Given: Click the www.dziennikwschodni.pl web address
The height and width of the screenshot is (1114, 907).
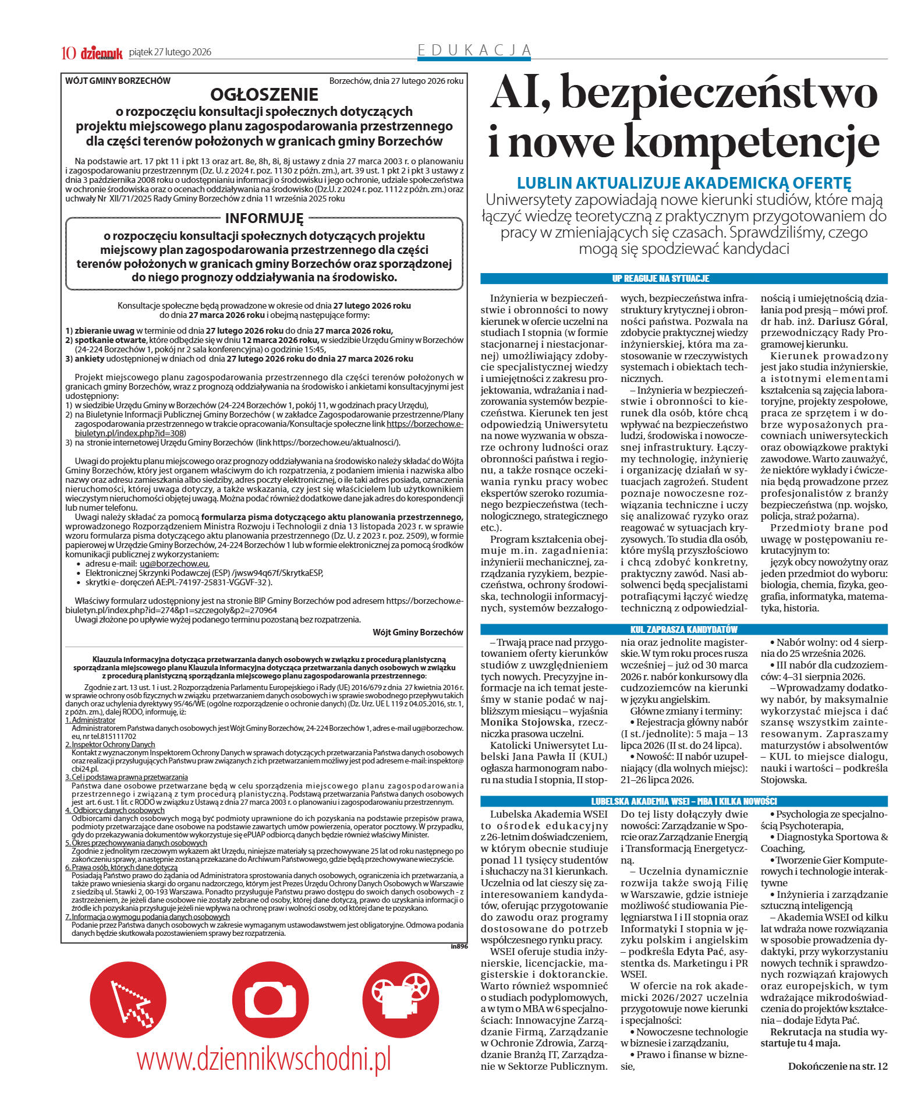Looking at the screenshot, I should click(x=264, y=1058).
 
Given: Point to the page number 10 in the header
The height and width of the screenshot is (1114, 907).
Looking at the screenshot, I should click(x=69, y=53).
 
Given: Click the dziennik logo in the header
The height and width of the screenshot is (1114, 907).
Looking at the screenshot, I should click(x=101, y=53).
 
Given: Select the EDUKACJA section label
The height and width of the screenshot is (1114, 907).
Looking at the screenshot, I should click(x=474, y=51).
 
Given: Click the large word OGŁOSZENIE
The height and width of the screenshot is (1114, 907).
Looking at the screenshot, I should click(x=264, y=94).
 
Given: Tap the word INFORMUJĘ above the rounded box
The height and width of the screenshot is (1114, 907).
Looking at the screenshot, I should click(x=264, y=218).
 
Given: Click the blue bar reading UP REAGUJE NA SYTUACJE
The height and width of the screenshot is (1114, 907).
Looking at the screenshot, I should click(x=683, y=278).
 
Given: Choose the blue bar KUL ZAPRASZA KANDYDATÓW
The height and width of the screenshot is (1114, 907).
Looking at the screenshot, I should click(x=683, y=629).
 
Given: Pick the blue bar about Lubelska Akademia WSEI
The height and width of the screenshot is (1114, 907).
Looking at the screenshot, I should click(x=683, y=801).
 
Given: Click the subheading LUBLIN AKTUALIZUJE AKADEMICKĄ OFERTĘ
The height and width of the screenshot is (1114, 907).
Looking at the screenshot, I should click(x=683, y=182).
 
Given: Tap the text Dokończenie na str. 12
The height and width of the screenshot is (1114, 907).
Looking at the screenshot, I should click(x=837, y=1066).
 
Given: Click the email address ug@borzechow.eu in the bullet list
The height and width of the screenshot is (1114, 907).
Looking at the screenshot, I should click(x=173, y=564).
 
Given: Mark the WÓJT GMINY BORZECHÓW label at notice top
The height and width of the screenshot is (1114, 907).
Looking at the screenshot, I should click(x=118, y=81).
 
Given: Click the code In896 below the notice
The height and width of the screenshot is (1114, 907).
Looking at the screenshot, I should click(x=459, y=946).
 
